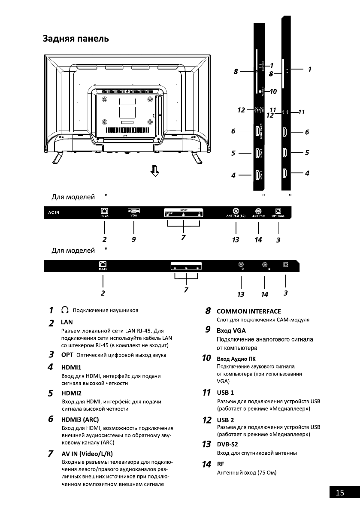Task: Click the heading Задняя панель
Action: pos(75,39)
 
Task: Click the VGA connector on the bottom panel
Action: pos(133,211)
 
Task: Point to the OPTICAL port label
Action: pos(279,216)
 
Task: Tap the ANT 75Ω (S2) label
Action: pos(236,216)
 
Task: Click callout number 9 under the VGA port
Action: pos(134,240)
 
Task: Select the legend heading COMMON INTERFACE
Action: pos(249,311)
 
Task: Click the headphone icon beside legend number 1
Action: pos(65,310)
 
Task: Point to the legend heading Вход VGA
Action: pos(231,330)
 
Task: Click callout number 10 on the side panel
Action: pos(273,91)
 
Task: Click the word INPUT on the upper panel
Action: pos(184,209)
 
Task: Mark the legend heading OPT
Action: pos(67,355)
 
